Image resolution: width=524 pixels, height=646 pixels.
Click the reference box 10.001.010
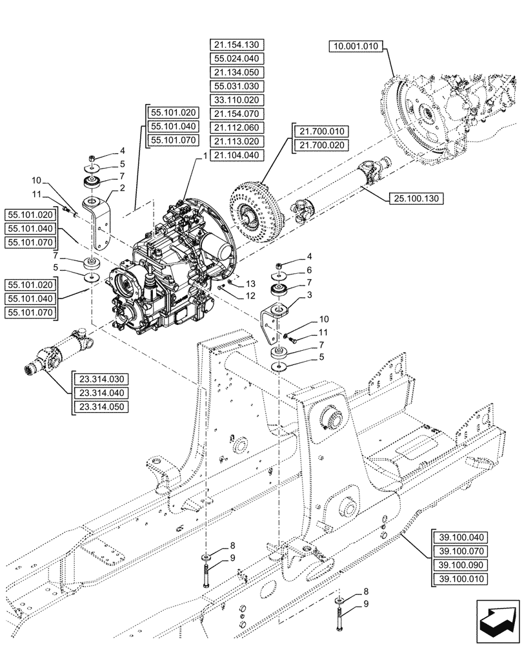(356, 46)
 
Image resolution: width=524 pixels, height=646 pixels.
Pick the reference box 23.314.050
(102, 407)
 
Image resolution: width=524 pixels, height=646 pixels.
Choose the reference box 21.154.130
(237, 45)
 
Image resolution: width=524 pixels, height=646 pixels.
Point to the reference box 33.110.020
(237, 100)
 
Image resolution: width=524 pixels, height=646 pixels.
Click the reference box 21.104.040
(237, 156)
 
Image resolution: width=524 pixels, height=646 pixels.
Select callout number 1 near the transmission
(205, 156)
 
